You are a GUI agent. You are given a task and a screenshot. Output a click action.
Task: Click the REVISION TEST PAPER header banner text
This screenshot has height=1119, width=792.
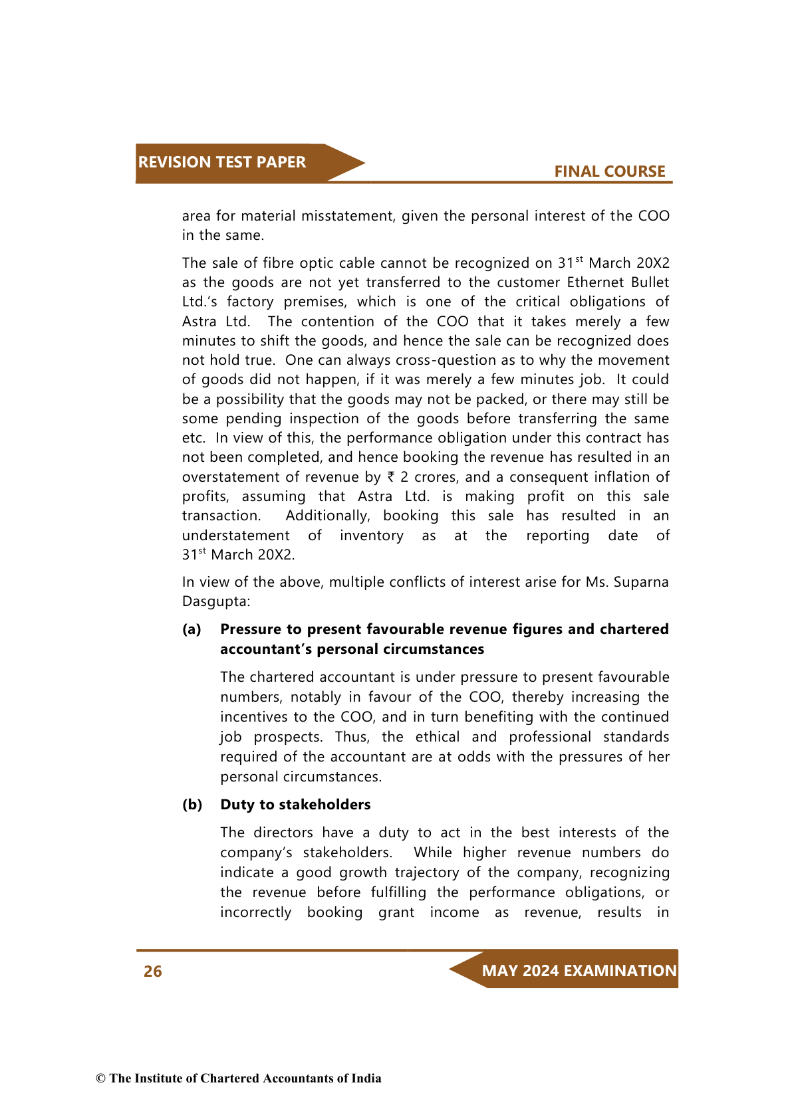coord(221,162)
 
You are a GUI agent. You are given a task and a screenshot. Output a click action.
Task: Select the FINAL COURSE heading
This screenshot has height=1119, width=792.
coord(609,171)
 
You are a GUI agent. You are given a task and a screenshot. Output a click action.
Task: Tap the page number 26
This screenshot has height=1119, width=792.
coord(153,971)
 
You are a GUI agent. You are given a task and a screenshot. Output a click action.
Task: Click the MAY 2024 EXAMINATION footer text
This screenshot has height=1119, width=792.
coord(579,971)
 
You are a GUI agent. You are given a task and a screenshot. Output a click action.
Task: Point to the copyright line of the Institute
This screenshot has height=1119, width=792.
coord(239,1078)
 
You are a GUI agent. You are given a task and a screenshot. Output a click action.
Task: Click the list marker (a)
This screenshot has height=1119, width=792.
coord(192,629)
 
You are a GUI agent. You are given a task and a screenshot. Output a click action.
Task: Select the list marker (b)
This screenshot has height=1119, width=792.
coord(192,805)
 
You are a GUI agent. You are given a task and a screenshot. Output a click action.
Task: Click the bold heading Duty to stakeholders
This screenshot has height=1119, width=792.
coord(295,805)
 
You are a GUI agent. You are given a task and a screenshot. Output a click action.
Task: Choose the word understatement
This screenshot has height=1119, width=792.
coord(235,536)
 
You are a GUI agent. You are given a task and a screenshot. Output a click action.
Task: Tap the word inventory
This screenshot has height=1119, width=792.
coord(371,536)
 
